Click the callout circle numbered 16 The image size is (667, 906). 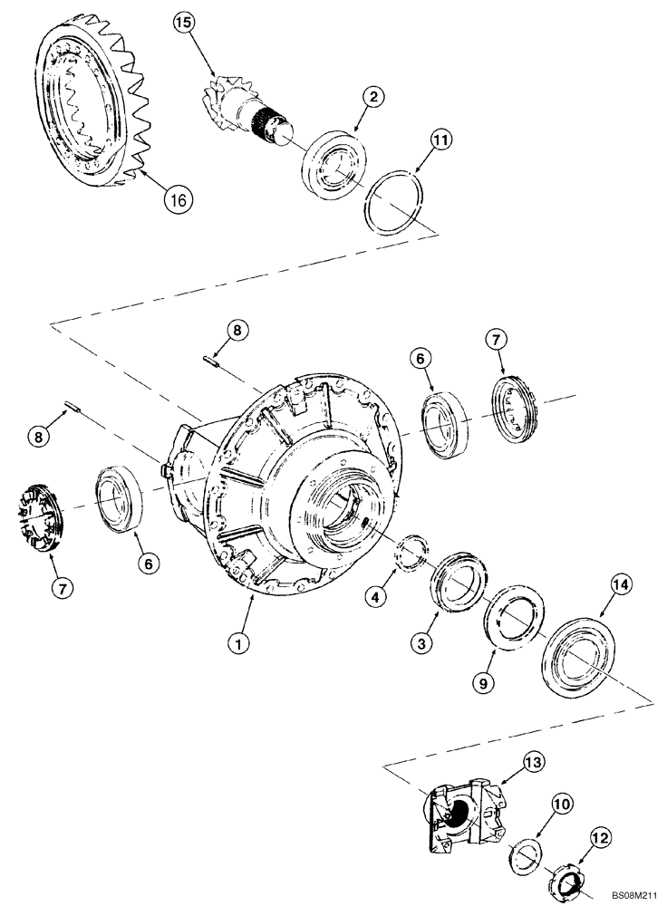point(178,199)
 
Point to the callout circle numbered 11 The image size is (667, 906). point(440,141)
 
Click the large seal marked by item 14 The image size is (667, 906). point(576,652)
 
